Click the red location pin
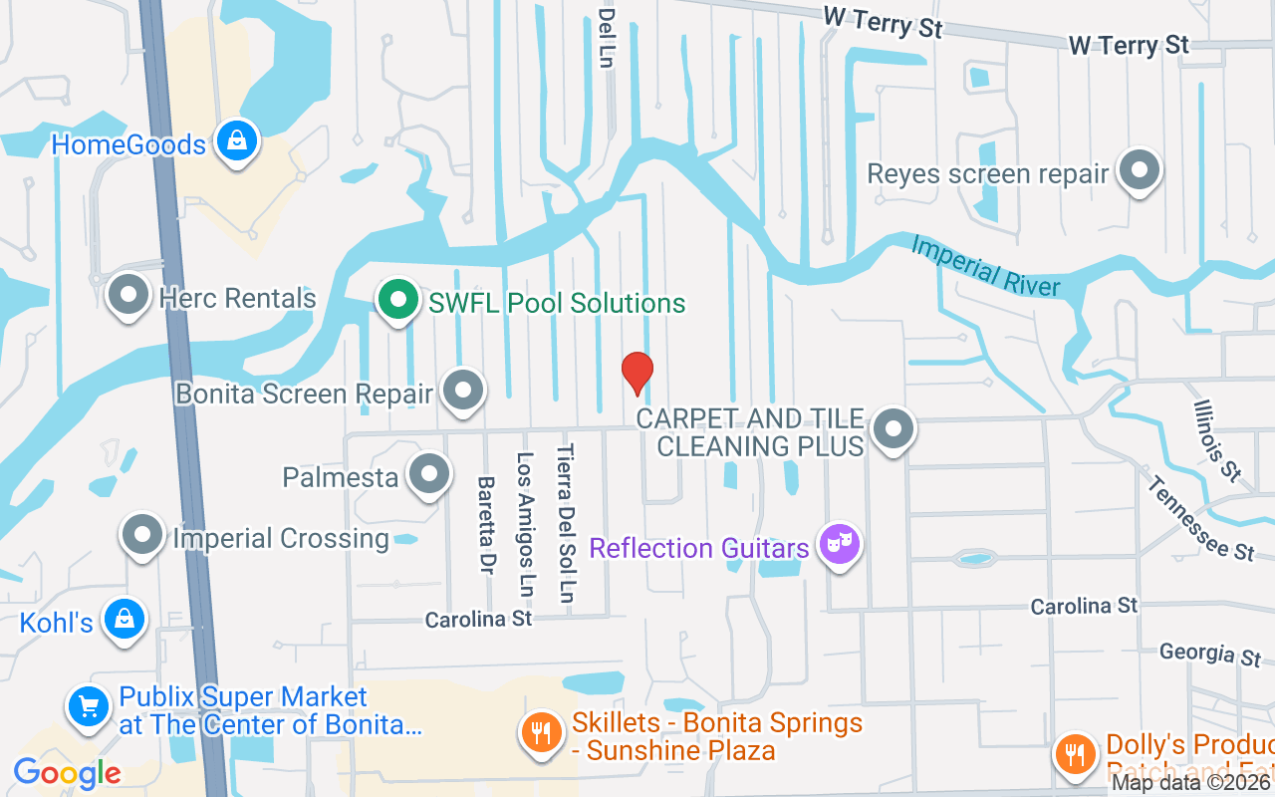(637, 373)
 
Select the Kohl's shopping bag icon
(125, 620)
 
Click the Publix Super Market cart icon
(89, 705)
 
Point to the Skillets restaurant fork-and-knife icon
(542, 733)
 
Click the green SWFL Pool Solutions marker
(398, 299)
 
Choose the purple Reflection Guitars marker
(840, 544)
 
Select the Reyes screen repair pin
(1139, 171)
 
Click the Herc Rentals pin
(128, 295)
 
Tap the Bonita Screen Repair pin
(463, 391)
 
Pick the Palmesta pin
(430, 475)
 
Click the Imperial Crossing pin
(142, 536)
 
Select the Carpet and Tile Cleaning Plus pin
(892, 429)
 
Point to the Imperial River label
(985, 265)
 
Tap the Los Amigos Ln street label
(525, 524)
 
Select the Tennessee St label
(1200, 517)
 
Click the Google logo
(67, 772)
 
